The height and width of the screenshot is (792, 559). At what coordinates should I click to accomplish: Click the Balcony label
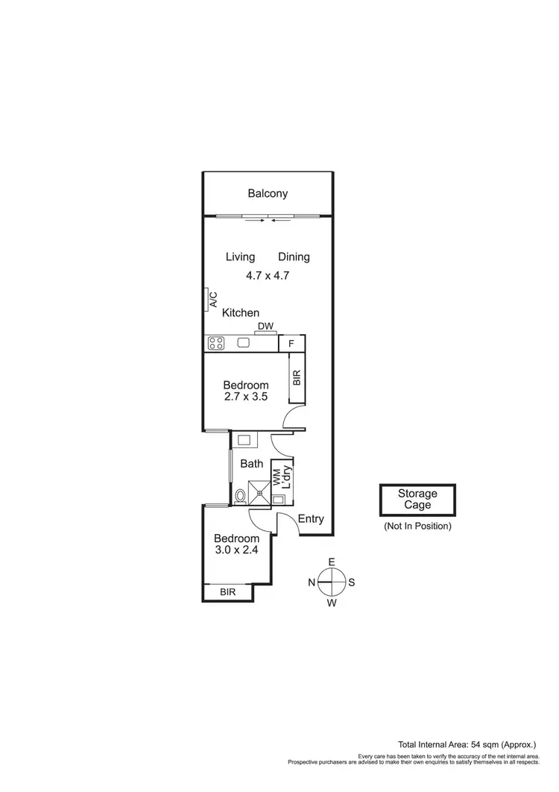[x=268, y=194]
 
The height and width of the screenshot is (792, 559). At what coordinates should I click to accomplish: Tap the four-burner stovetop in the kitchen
[x=217, y=344]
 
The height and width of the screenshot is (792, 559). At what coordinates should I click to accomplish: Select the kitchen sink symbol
[x=243, y=343]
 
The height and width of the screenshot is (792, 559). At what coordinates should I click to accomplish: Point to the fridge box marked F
[x=291, y=344]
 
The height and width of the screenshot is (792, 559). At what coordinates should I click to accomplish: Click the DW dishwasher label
[x=265, y=327]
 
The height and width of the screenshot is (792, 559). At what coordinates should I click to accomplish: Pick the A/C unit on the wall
[x=206, y=301]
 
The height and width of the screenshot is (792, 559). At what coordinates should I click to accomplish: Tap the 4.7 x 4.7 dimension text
[x=267, y=275]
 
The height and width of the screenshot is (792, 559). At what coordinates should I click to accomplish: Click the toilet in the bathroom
[x=240, y=496]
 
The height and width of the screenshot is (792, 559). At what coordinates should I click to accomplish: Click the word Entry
[x=310, y=519]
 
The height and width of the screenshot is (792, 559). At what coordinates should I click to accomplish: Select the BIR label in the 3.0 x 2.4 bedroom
[x=227, y=593]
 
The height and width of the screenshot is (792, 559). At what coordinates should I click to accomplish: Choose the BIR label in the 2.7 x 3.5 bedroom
[x=297, y=377]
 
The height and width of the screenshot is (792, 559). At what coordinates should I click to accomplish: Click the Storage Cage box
[x=417, y=499]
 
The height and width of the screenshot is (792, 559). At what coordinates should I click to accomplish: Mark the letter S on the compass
[x=352, y=582]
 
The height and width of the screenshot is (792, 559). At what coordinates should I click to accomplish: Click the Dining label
[x=294, y=257]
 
